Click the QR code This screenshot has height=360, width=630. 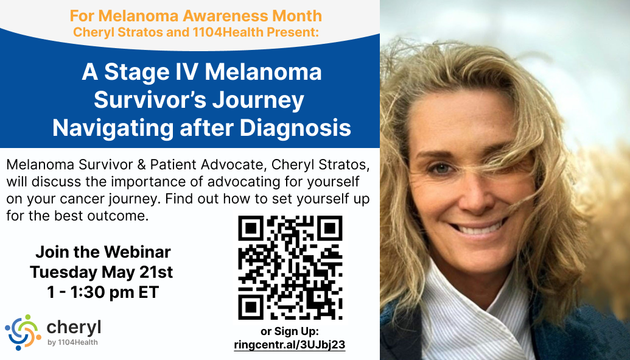(x=290, y=268)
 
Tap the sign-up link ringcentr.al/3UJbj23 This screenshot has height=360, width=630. (x=289, y=345)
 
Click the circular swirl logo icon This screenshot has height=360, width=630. (x=23, y=332)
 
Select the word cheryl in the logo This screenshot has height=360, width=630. (x=74, y=328)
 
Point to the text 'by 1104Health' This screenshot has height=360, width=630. (x=72, y=343)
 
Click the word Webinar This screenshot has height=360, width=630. (x=138, y=252)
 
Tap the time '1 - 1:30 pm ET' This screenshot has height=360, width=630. (x=103, y=292)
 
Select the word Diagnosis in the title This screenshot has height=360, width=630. (x=295, y=129)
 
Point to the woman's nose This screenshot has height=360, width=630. (x=472, y=192)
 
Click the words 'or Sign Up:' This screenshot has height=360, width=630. (x=289, y=331)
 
